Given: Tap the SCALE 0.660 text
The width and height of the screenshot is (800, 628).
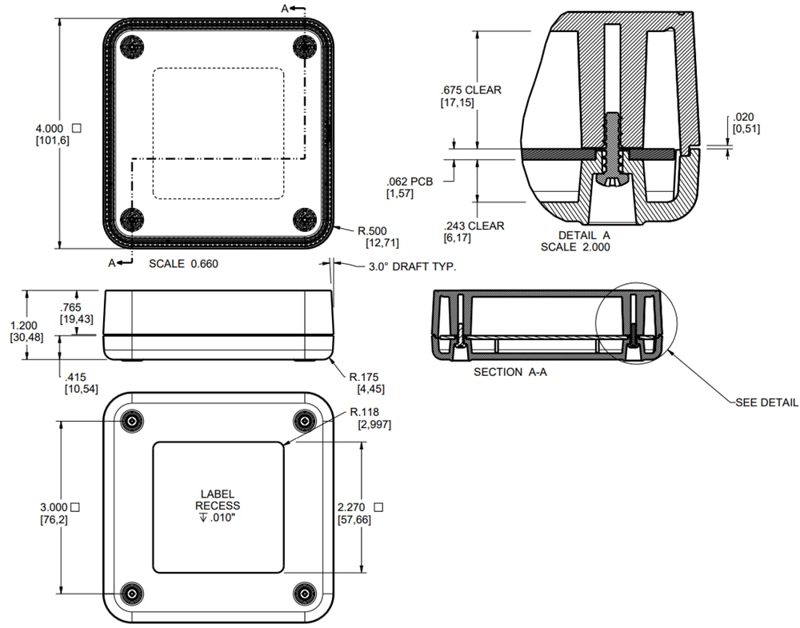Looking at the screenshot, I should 183,263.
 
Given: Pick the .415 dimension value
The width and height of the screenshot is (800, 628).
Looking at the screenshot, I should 76,377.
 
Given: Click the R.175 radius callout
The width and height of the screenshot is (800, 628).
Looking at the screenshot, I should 364,377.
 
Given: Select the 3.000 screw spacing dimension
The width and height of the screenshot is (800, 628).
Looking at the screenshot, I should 55,507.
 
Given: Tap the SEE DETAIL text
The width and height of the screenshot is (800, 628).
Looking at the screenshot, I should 766,402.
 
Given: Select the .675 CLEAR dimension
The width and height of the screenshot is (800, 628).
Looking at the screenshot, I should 471,90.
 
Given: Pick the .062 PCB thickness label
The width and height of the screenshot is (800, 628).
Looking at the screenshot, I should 409,182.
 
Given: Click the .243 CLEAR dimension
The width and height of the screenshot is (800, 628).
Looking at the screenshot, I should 474,226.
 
